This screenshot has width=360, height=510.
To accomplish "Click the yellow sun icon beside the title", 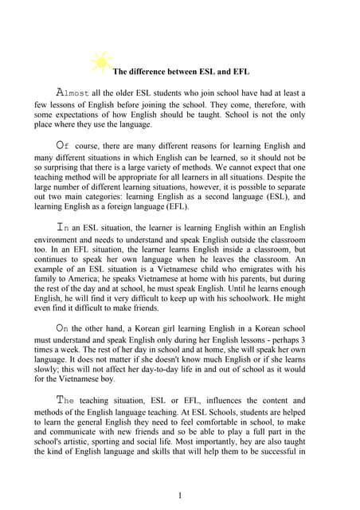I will [101, 61].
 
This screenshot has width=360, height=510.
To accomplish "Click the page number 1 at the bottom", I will [180, 496].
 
